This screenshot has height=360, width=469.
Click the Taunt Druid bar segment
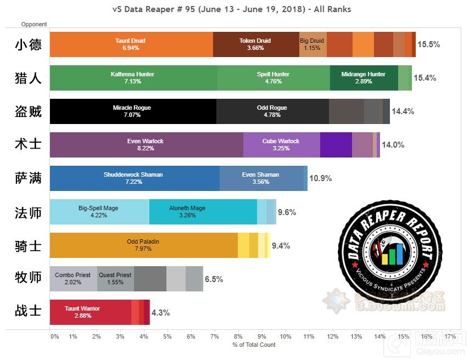131,44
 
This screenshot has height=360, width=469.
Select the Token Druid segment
256,44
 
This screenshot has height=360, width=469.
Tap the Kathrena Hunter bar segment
133,77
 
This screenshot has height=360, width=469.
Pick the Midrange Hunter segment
364,77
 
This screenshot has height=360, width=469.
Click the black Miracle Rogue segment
132,111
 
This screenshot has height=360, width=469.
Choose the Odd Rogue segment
272,111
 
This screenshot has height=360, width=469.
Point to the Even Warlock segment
146,145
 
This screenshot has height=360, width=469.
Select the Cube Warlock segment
281,145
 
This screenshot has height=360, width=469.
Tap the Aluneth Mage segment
203,212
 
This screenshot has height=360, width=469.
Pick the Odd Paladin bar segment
143,245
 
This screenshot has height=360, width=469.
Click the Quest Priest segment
115,279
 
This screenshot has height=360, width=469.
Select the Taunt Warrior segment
90,312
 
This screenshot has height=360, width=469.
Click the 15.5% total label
428,44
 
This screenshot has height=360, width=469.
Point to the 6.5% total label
214,279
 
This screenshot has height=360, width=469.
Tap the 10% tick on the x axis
285,336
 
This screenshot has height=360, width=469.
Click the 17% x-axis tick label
450,336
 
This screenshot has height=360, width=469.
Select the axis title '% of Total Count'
254,345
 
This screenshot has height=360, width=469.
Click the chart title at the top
231,9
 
